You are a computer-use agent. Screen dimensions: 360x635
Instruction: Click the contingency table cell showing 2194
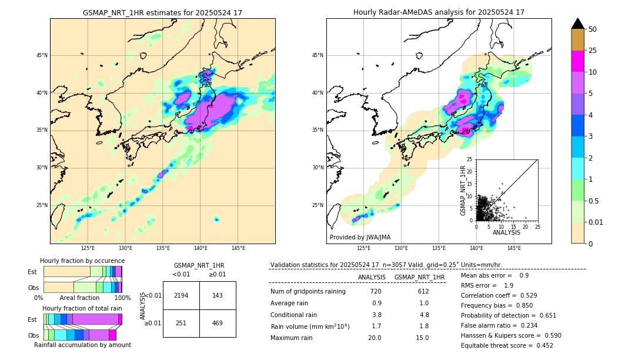pyautogui.click(x=181, y=295)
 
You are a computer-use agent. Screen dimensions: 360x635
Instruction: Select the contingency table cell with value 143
pyautogui.click(x=218, y=295)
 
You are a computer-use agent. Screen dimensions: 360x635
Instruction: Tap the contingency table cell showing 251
pyautogui.click(x=181, y=323)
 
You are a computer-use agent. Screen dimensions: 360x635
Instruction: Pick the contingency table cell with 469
pyautogui.click(x=218, y=323)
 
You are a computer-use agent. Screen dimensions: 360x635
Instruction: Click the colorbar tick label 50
pyautogui.click(x=593, y=29)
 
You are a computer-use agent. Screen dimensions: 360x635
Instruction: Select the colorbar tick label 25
pyautogui.click(x=593, y=51)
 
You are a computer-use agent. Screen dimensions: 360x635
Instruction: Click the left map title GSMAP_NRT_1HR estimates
pyautogui.click(x=162, y=12)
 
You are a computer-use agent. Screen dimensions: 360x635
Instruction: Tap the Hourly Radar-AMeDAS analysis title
pyautogui.click(x=439, y=12)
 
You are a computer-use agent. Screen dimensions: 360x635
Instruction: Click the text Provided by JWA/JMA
pyautogui.click(x=360, y=237)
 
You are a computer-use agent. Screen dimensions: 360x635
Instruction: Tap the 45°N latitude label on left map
pyautogui.click(x=42, y=55)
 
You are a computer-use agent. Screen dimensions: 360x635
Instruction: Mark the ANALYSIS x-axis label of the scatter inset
pyautogui.click(x=506, y=232)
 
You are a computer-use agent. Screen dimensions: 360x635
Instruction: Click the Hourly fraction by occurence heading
pyautogui.click(x=82, y=261)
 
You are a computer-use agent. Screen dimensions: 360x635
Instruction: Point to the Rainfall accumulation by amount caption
pyautogui.click(x=82, y=345)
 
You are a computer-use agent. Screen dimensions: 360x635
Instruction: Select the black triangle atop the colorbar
pyautogui.click(x=578, y=24)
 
